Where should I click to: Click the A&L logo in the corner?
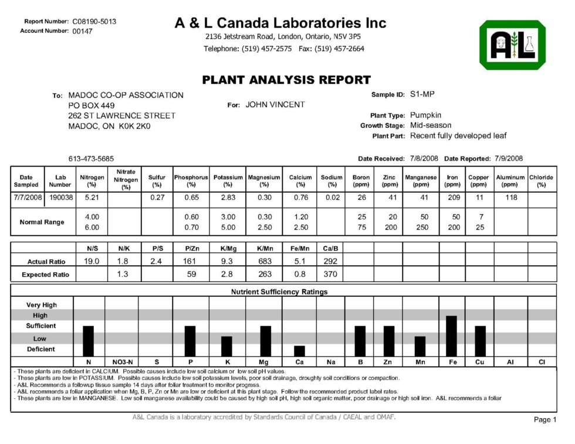click(x=512, y=45)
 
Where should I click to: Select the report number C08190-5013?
click(x=94, y=22)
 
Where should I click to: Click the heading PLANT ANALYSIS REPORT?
click(x=287, y=80)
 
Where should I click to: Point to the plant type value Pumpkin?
click(x=425, y=115)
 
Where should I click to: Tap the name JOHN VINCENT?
click(x=275, y=105)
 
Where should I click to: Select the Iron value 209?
click(x=452, y=198)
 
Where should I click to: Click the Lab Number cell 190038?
click(x=61, y=198)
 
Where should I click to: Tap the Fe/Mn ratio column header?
click(x=299, y=248)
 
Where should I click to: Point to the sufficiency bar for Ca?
click(x=299, y=351)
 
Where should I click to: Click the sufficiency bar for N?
click(x=89, y=341)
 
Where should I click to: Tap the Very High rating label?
click(x=41, y=305)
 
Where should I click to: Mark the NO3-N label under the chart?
click(x=121, y=362)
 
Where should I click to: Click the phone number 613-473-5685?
click(x=91, y=159)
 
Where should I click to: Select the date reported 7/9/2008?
click(x=509, y=159)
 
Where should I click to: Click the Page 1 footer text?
click(x=545, y=420)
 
